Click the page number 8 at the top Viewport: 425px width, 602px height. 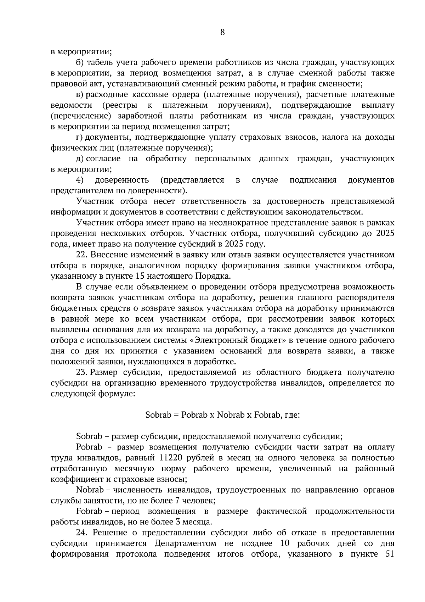coord(222,32)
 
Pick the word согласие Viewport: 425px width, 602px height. coord(103,158)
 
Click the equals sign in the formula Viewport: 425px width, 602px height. coord(176,415)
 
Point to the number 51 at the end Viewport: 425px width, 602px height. coord(389,554)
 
